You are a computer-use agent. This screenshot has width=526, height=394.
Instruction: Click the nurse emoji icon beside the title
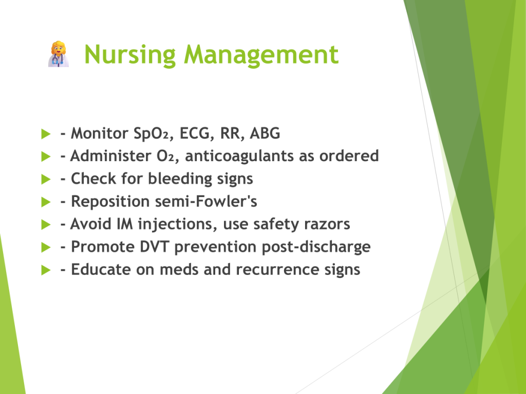pos(59,54)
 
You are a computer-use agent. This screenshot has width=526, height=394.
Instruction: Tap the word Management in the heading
pos(261,54)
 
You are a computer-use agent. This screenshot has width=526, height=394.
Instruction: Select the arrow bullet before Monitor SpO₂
pos(46,134)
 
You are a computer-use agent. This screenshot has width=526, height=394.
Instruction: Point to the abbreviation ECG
pos(195,133)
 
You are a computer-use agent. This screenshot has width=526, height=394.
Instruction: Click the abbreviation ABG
pos(265,133)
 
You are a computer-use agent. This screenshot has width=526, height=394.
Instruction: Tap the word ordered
pos(349,156)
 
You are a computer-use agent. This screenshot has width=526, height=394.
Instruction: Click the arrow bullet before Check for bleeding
pos(46,179)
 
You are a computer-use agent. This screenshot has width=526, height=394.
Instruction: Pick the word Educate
pos(101,270)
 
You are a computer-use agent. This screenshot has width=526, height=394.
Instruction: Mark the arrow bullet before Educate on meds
pos(46,270)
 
